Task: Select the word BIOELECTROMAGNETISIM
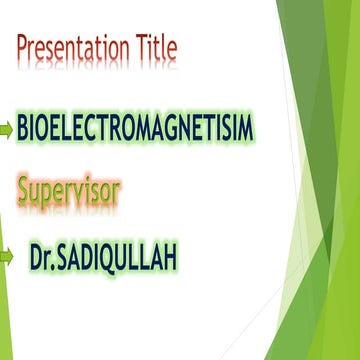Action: coord(135,128)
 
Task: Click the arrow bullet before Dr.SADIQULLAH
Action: coord(7,256)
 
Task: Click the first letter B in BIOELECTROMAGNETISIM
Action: coord(24,128)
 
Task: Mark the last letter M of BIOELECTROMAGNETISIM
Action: coord(245,128)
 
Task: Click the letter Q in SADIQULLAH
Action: coord(120,257)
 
